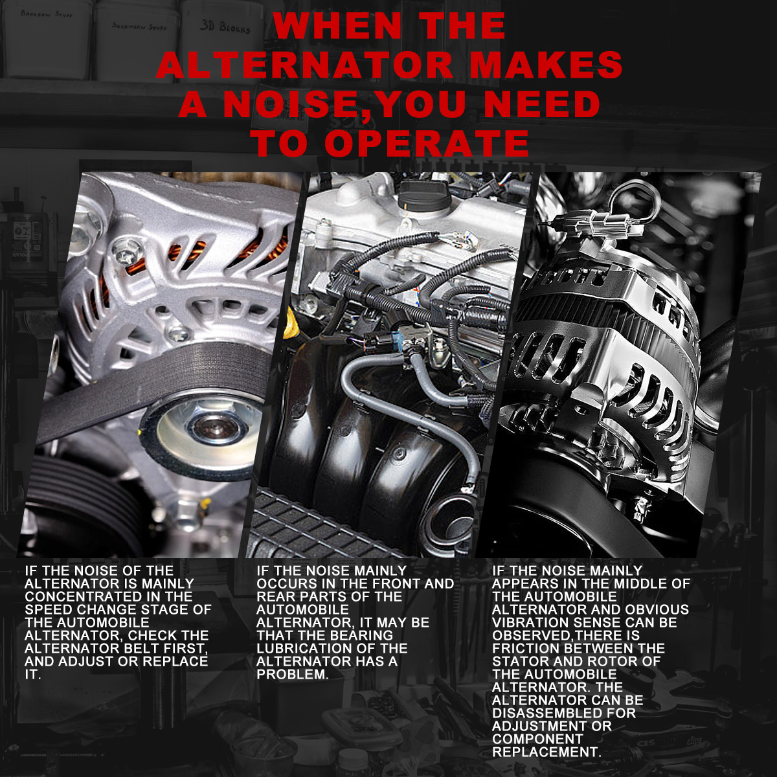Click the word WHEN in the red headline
pyautogui.click(x=337, y=26)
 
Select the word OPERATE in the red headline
pyautogui.click(x=427, y=143)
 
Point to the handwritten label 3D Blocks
pyautogui.click(x=225, y=27)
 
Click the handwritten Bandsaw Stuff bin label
pyautogui.click(x=47, y=14)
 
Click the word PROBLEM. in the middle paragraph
pyautogui.click(x=293, y=674)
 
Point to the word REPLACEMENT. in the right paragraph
pyautogui.click(x=546, y=752)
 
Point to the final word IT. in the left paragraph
pyautogui.click(x=33, y=674)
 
